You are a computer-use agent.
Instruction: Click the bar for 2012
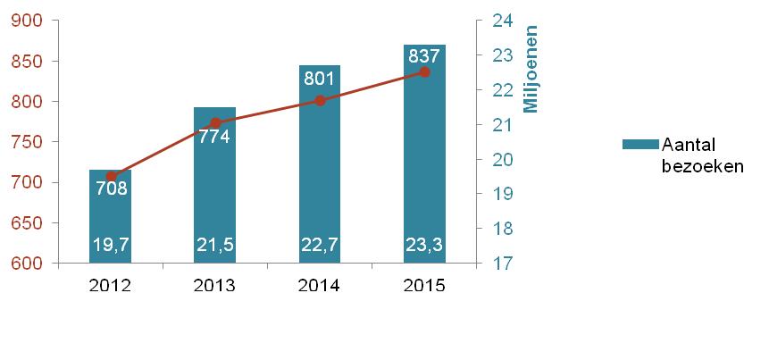111,214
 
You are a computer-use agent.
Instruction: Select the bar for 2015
424,161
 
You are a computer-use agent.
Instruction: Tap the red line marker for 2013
215,123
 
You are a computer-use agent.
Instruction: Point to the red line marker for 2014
320,100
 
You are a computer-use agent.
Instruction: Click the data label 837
424,55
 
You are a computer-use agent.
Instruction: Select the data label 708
111,188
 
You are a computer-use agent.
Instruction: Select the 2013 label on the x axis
215,286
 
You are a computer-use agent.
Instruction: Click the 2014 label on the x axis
320,286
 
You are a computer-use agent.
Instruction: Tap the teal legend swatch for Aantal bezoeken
639,145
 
